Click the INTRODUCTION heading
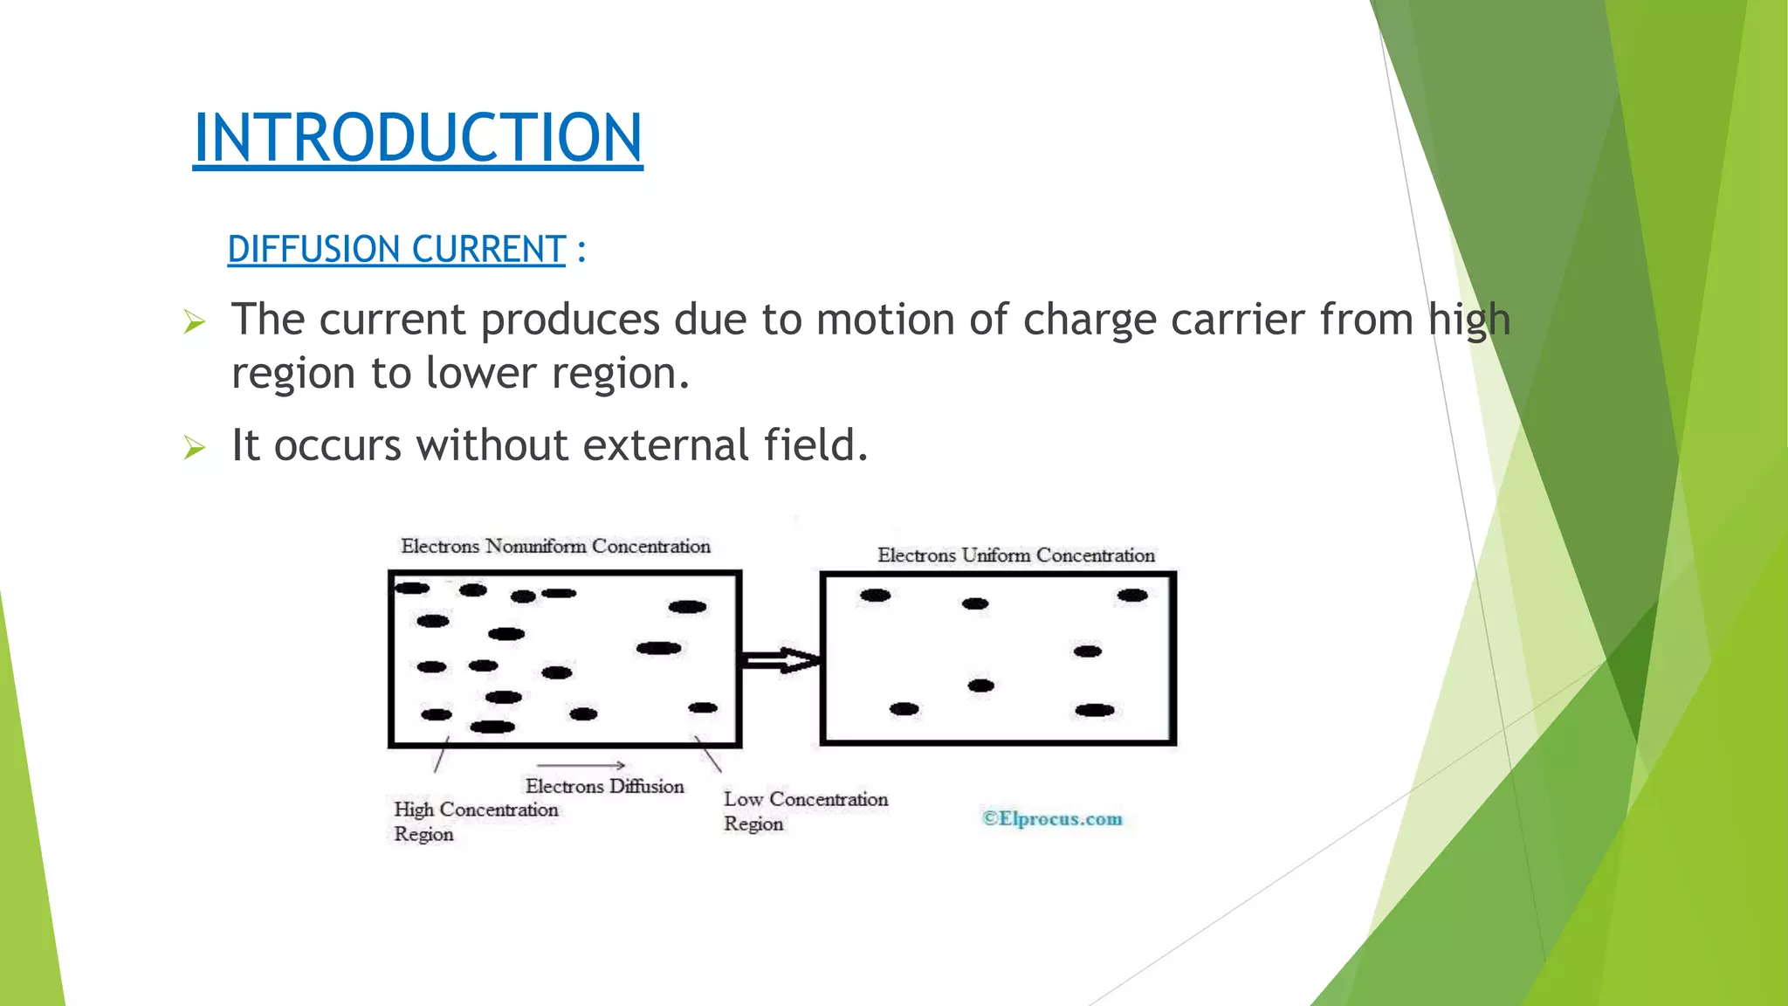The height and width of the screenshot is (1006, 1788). [x=417, y=138]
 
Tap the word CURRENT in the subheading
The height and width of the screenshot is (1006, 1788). [x=489, y=250]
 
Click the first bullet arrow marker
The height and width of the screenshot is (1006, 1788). [x=195, y=323]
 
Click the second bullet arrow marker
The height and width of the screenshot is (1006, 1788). [x=195, y=449]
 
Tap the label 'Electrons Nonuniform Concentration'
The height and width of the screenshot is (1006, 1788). [x=555, y=547]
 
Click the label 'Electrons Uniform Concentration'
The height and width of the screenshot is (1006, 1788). [x=1015, y=555]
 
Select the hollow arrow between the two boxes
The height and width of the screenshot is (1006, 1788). [x=780, y=660]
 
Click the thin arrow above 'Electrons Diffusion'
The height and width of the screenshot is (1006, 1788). [x=581, y=766]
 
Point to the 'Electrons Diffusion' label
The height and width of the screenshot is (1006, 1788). [x=604, y=786]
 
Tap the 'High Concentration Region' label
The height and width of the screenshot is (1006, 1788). [x=475, y=821]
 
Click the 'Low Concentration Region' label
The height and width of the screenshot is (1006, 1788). [x=804, y=810]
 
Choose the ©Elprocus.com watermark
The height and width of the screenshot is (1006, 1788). [x=1052, y=819]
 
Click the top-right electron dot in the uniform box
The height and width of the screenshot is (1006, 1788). [x=1132, y=596]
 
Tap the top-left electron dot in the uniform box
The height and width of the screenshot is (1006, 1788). [x=875, y=596]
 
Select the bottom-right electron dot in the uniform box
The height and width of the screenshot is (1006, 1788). [x=1095, y=710]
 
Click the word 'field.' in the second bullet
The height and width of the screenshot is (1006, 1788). [x=816, y=445]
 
